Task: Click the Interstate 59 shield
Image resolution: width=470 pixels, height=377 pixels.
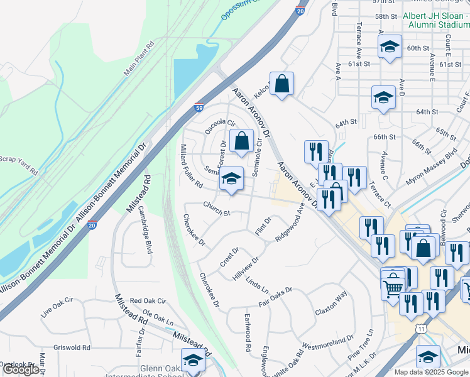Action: [199, 107]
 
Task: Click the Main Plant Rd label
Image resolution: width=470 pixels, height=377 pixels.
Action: [138, 60]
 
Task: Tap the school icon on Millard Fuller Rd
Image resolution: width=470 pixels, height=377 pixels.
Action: [231, 179]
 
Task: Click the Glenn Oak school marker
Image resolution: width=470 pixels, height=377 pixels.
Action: [193, 361]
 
